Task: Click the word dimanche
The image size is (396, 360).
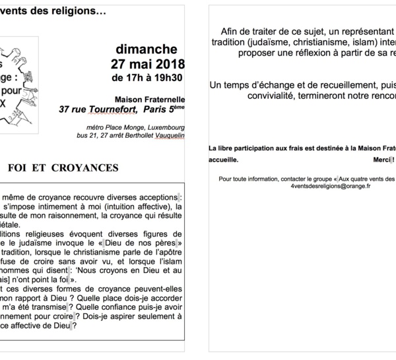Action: tap(146, 49)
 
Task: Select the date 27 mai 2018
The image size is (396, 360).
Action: tap(147, 65)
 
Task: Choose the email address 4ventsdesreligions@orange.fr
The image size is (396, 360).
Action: tap(331, 186)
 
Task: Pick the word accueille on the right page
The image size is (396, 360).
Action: tap(223, 160)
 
